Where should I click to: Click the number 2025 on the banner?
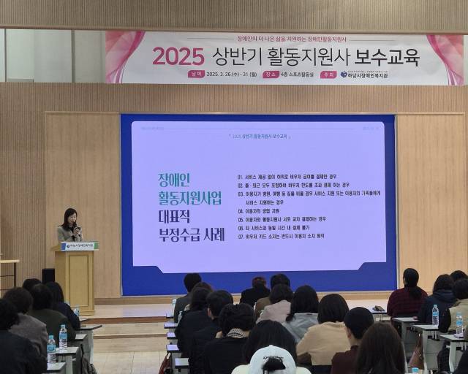178,56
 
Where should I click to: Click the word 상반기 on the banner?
230,56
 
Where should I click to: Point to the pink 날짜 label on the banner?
195,74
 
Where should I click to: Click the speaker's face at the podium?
71,217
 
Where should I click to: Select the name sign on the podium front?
78,246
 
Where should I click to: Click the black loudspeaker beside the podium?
48,275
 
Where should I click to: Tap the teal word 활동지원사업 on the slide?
189,199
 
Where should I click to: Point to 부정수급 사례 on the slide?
193,234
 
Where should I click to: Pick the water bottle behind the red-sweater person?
435,316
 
